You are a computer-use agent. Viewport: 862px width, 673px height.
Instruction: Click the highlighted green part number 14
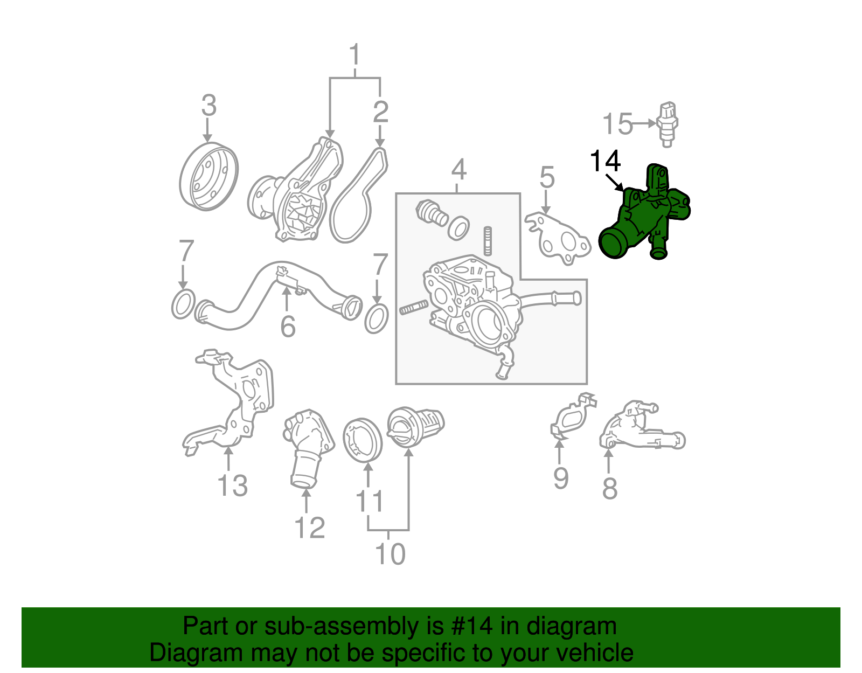coord(644,218)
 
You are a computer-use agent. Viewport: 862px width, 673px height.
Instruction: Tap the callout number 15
coord(617,124)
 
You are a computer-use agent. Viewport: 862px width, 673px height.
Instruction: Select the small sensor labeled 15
coord(667,123)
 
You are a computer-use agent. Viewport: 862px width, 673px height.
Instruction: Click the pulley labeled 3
coord(208,176)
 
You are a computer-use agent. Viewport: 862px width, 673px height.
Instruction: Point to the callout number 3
coord(208,105)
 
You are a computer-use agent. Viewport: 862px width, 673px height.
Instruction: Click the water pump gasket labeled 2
coord(358,197)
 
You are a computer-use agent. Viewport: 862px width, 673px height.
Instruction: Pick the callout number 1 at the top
coord(354,55)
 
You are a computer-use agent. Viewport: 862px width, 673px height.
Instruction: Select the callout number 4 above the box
coord(458,169)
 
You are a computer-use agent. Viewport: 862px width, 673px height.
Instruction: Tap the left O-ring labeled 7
coord(183,304)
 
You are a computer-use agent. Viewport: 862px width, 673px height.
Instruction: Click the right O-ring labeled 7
coord(377,319)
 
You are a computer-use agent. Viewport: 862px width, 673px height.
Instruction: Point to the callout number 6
coord(288,327)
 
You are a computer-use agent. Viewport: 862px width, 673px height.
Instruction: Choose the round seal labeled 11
coord(362,440)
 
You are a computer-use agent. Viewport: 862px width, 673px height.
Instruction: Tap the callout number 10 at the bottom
coord(390,554)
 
